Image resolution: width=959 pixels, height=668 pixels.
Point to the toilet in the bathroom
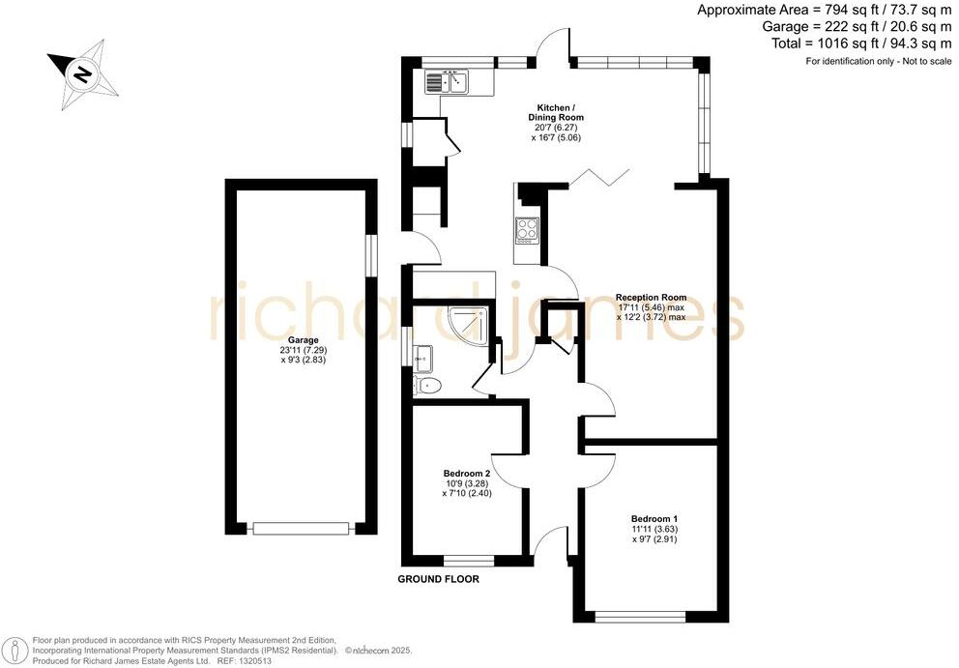click(x=428, y=387)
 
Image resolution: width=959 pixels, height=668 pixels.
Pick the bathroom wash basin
click(x=422, y=359)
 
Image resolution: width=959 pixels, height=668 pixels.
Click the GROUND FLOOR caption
click(x=439, y=580)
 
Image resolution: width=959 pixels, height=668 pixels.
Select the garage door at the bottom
click(x=301, y=528)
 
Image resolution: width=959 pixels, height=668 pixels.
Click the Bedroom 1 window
click(x=640, y=616)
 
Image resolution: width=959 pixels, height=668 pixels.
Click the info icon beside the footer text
click(x=15, y=648)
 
